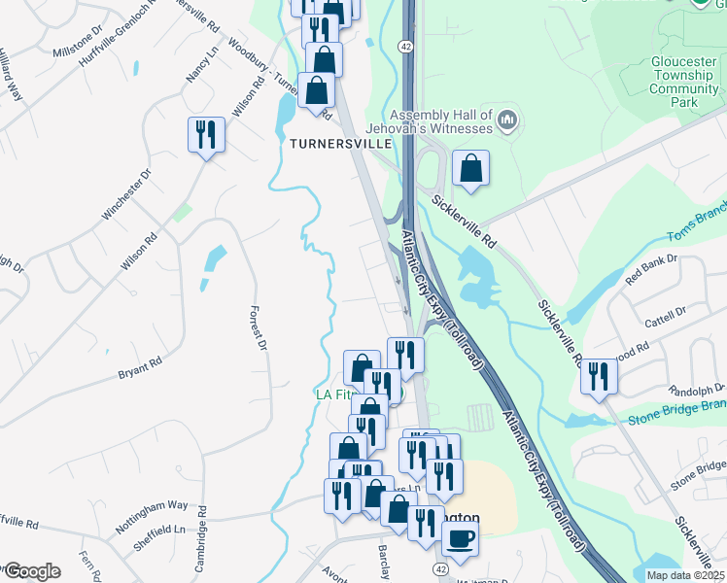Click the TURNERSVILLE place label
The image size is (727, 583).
click(x=340, y=143)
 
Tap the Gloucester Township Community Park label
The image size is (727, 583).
click(x=685, y=82)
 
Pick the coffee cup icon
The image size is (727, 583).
click(x=460, y=536)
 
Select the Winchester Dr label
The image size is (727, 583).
click(x=127, y=193)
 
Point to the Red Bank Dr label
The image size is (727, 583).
click(x=651, y=268)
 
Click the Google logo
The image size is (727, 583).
click(x=31, y=570)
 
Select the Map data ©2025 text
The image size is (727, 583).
click(x=684, y=574)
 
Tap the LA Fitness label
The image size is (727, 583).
click(x=332, y=394)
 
